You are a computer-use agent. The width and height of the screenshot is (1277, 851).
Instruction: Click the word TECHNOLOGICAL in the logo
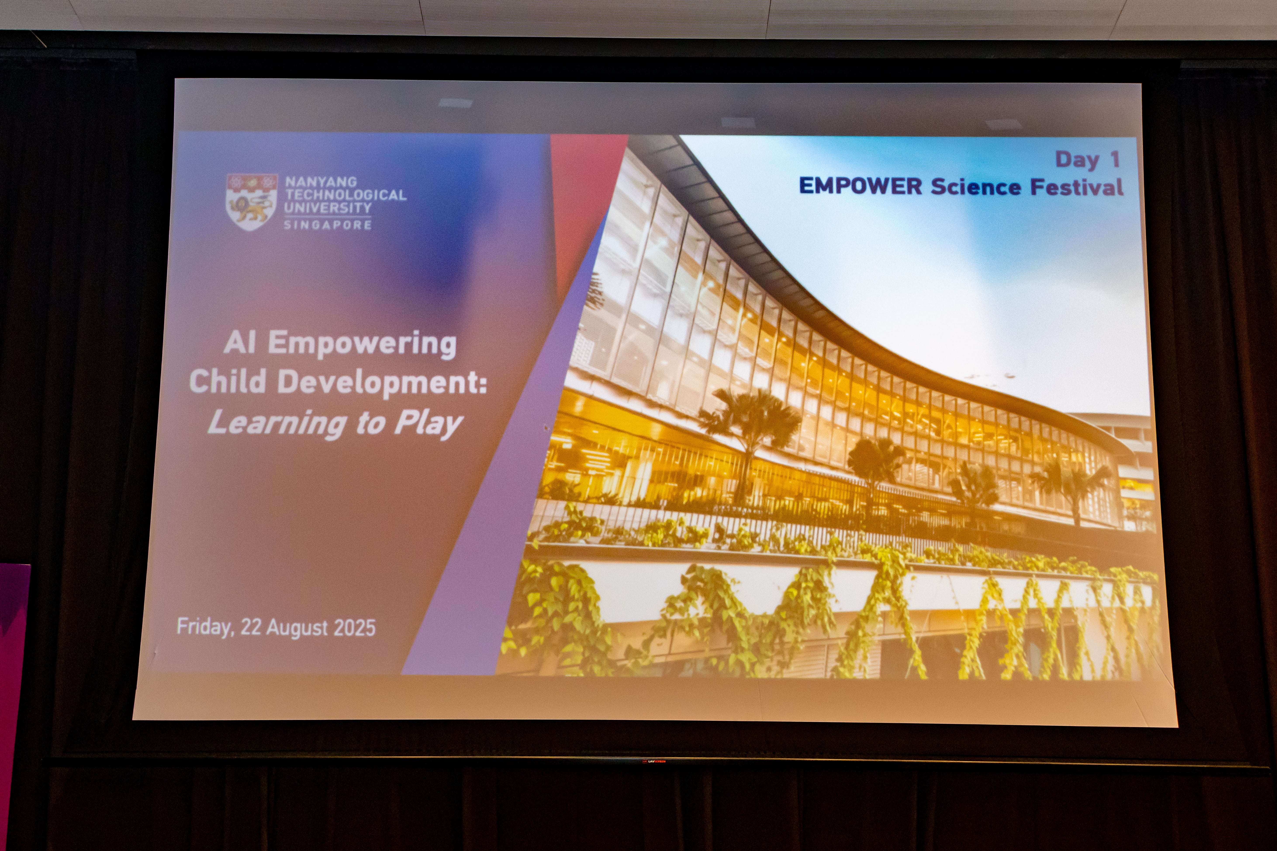point(346,195)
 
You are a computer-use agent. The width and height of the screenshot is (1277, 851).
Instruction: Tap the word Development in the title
point(382,383)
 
